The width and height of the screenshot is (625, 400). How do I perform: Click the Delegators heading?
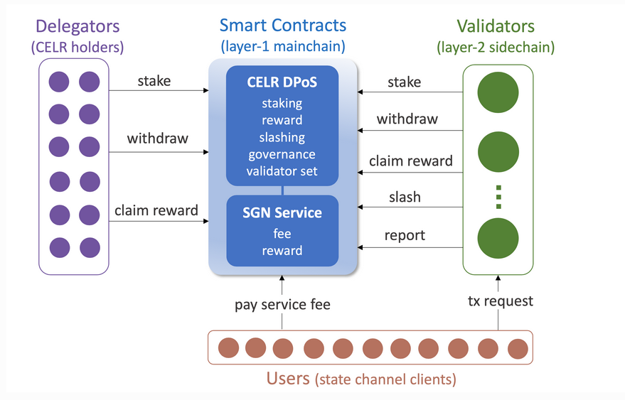[78, 27]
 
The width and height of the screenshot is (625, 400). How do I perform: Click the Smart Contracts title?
[282, 26]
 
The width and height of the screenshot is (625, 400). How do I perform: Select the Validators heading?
[496, 27]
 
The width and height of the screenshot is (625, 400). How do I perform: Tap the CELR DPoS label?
[282, 82]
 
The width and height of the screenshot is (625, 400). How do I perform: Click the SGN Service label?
[282, 212]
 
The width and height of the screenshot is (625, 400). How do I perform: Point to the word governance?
[282, 154]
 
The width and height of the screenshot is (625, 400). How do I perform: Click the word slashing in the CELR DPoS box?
[282, 137]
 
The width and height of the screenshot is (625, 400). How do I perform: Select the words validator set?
[282, 171]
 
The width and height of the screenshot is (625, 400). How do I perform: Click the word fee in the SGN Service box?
[282, 233]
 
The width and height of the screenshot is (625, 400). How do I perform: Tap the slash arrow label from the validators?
[405, 198]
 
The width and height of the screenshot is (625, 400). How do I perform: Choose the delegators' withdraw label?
[157, 139]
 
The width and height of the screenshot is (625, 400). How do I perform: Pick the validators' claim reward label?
[411, 161]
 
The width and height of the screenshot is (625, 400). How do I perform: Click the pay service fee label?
[282, 305]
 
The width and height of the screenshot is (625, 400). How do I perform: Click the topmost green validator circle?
[498, 94]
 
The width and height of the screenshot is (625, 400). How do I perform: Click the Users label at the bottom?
[288, 378]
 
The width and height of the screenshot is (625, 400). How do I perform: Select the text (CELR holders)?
[78, 48]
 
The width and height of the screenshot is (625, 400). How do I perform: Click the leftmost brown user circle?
[228, 348]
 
